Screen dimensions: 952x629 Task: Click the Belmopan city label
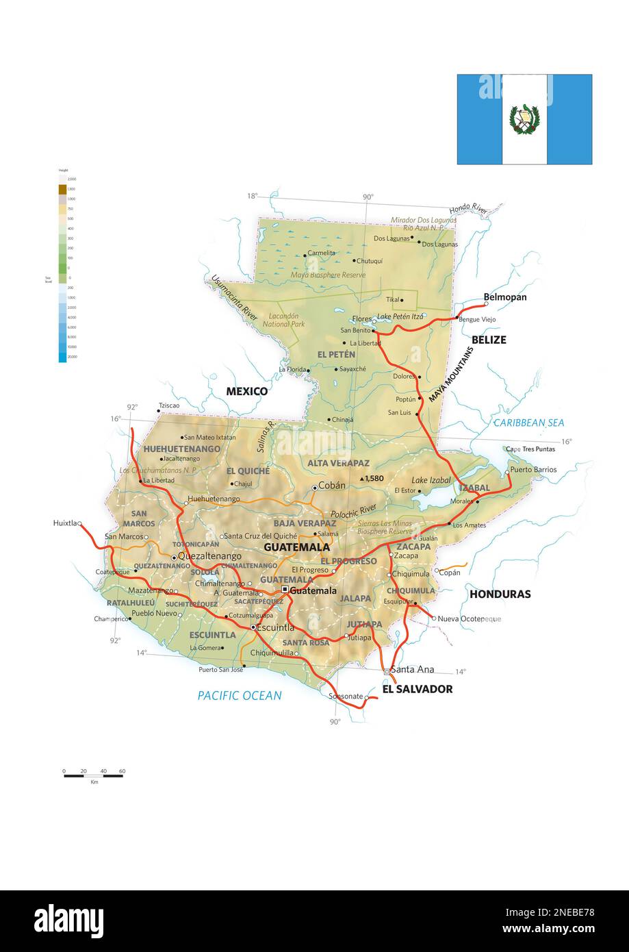pyautogui.click(x=505, y=297)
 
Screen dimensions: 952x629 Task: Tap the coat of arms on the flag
pyautogui.click(x=524, y=119)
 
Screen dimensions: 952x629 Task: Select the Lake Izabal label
pyautogui.click(x=431, y=480)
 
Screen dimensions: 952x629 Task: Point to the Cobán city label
pyautogui.click(x=332, y=486)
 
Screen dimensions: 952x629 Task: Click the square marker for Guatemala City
pyautogui.click(x=285, y=590)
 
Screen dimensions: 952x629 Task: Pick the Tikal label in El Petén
pyautogui.click(x=392, y=299)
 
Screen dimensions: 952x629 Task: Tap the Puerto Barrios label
pyautogui.click(x=533, y=470)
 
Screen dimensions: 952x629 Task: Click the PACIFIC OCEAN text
pyautogui.click(x=240, y=695)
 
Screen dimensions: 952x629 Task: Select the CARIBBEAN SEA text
pyautogui.click(x=528, y=423)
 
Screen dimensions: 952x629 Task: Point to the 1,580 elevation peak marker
pyautogui.click(x=362, y=478)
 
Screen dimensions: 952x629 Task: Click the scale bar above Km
pyautogui.click(x=93, y=775)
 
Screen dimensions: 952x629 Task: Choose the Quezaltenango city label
pyautogui.click(x=209, y=556)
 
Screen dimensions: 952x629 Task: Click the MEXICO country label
pyautogui.click(x=247, y=391)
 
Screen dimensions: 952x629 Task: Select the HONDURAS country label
pyautogui.click(x=500, y=594)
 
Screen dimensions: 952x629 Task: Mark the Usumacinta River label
pyautogui.click(x=234, y=298)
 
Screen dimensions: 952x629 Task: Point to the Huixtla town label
pyautogui.click(x=64, y=523)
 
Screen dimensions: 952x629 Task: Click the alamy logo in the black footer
pyautogui.click(x=68, y=920)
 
